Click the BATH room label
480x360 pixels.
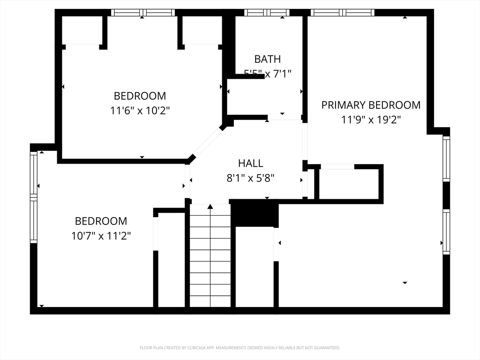[268, 59]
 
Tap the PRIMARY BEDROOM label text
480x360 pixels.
[371, 105]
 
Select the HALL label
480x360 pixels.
[251, 164]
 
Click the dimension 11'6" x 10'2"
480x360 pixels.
[140, 111]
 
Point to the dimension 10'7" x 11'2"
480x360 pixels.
[101, 236]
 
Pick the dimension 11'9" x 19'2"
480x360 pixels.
[371, 120]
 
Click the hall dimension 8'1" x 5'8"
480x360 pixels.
[251, 178]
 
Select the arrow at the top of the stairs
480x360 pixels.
[210, 206]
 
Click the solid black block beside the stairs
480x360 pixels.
[255, 213]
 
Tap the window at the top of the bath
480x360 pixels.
[267, 13]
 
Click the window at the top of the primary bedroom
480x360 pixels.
[342, 13]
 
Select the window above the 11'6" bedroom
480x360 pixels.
[143, 13]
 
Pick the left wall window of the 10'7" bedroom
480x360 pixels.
[34, 197]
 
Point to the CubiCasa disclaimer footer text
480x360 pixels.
[240, 348]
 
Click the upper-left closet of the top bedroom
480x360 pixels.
[82, 30]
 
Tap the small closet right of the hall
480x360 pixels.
[349, 184]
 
